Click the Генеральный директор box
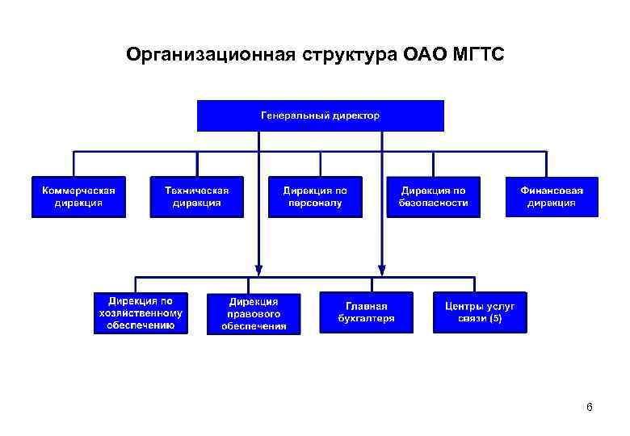click(x=321, y=115)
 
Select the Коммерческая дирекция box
click(x=79, y=197)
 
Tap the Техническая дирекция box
click(x=197, y=197)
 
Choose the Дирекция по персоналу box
click(x=315, y=197)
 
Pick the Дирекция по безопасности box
click(x=433, y=197)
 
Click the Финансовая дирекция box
click(x=552, y=197)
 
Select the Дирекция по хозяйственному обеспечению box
click(x=141, y=313)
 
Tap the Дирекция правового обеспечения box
click(x=254, y=313)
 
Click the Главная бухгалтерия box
click(x=366, y=312)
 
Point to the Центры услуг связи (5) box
click(x=480, y=312)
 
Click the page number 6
click(x=590, y=408)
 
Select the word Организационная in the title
click(x=211, y=55)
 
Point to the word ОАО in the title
click(x=414, y=55)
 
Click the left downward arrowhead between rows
click(x=258, y=268)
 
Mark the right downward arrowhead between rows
click(x=382, y=268)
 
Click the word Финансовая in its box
click(x=552, y=191)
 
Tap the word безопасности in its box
click(x=433, y=203)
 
